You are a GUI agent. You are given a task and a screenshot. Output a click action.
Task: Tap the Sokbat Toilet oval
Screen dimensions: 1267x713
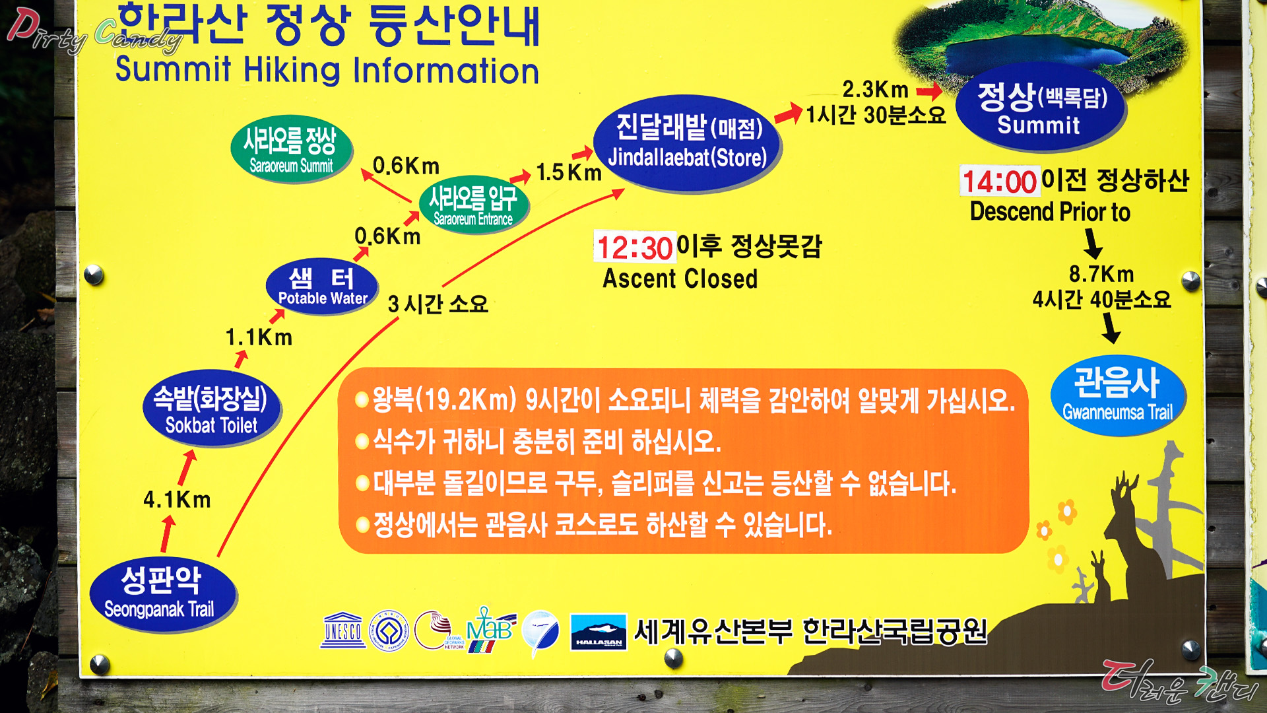point(212,408)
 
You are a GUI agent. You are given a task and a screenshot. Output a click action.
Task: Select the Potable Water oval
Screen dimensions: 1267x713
point(322,287)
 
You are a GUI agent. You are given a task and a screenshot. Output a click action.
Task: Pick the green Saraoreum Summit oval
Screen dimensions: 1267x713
point(291,149)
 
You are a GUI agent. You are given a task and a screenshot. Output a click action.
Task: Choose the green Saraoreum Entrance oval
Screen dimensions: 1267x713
point(473,204)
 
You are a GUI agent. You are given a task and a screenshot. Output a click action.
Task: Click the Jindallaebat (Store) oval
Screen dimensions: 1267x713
point(687,143)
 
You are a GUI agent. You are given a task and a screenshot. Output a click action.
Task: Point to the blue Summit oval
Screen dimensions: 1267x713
point(1041,108)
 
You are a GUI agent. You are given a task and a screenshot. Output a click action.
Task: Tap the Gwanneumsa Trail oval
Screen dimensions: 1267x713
point(1118,395)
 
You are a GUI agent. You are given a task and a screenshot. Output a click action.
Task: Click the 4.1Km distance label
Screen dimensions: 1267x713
point(177,500)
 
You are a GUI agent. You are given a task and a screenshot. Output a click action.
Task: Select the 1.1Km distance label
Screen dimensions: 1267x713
point(259,337)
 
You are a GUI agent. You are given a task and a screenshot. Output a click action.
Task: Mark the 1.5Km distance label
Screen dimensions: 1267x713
point(569,172)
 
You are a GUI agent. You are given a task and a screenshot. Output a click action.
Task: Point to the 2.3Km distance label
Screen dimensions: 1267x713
point(875,89)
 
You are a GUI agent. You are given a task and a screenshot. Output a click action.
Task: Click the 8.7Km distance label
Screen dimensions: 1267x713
point(1101,273)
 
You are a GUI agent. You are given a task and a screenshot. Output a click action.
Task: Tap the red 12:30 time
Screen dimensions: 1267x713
point(634,248)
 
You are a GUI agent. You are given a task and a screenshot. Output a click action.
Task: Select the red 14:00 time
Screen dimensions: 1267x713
point(1000,182)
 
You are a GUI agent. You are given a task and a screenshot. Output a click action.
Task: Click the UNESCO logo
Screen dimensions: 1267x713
point(343,630)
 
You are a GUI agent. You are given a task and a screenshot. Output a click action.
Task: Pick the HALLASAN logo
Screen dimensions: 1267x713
point(599,632)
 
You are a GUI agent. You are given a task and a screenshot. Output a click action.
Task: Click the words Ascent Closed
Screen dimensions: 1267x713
point(680,279)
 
